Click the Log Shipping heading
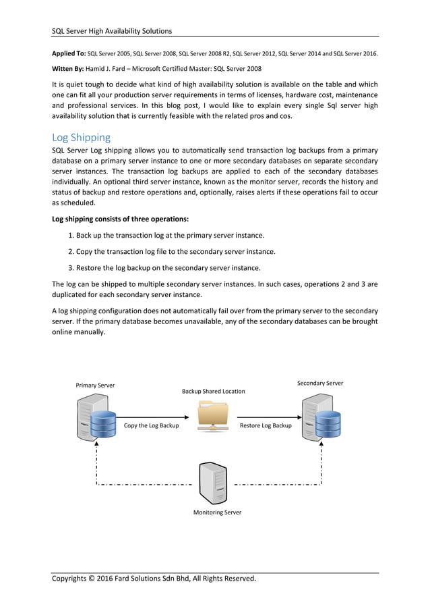coord(81,137)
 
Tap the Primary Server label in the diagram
coord(95,386)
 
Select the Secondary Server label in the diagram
coord(320,383)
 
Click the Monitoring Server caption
coord(217,512)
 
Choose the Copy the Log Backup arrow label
coord(152,425)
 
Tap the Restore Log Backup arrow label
coord(266,425)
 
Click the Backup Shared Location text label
coord(214,391)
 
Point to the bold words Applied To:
coord(69,53)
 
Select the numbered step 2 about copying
coord(172,251)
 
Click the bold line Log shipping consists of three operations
coord(120,219)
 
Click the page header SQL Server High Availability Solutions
coord(112,30)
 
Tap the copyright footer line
coord(154,579)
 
